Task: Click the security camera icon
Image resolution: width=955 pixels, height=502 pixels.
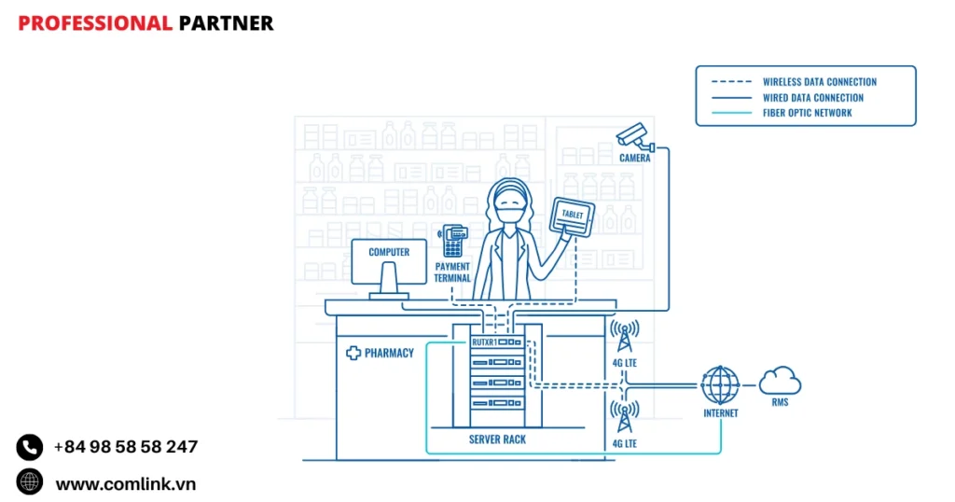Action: click(634, 136)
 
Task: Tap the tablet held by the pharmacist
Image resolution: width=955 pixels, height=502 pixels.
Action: click(572, 216)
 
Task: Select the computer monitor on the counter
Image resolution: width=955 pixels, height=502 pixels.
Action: click(389, 262)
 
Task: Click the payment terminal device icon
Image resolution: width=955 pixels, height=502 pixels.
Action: click(454, 240)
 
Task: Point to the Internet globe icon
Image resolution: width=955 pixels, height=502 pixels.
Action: click(720, 383)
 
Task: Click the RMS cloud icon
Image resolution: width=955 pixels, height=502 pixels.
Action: click(780, 381)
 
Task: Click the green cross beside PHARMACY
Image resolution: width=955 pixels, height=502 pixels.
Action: click(353, 353)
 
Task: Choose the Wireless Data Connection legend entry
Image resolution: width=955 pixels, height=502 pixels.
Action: click(819, 82)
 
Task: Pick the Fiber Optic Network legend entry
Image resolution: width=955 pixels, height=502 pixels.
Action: click(807, 113)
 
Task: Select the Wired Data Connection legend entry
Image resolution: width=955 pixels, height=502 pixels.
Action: click(812, 97)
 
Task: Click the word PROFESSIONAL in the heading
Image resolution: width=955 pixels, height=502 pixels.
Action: click(95, 23)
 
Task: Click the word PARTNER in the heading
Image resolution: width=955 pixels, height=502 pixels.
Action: click(226, 23)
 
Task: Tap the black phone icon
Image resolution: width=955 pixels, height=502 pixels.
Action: click(30, 447)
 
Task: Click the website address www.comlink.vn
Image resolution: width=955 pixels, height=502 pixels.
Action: click(126, 483)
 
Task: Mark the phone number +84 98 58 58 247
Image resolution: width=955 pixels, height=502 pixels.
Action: click(126, 447)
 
